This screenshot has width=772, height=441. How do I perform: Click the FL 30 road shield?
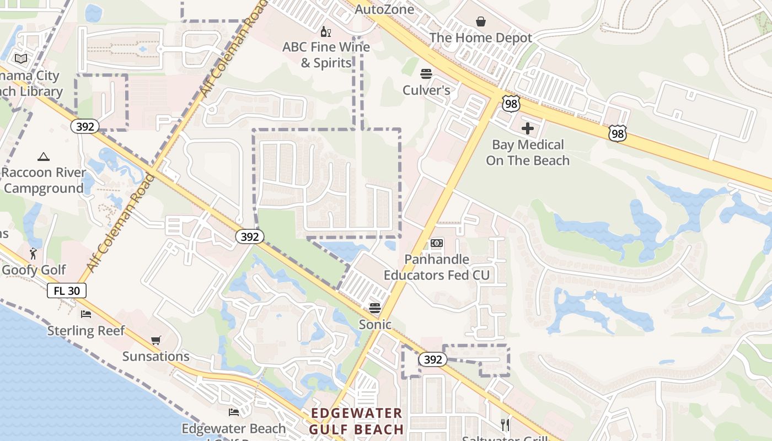[x=67, y=291]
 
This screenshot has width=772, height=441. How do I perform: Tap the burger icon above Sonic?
[x=375, y=308]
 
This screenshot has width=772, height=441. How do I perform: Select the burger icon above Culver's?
[x=426, y=74]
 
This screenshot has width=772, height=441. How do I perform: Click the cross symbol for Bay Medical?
[x=528, y=128]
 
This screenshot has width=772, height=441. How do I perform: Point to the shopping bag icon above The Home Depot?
[x=481, y=21]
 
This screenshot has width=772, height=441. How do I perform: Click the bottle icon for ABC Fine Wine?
[x=326, y=31]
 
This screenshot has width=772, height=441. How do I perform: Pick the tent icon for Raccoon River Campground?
[x=44, y=157]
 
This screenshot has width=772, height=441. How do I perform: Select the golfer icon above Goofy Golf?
[x=33, y=254]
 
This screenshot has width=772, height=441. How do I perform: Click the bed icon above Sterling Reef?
[x=85, y=314]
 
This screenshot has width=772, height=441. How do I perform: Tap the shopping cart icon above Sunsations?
[x=156, y=340]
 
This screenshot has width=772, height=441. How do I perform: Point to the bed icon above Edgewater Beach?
[x=234, y=412]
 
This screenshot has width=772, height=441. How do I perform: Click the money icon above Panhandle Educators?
[x=437, y=243]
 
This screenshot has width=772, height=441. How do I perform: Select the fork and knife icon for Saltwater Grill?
[x=505, y=424]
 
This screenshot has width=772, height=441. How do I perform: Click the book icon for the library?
[x=21, y=58]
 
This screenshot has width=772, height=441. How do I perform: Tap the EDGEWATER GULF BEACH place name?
[x=356, y=421]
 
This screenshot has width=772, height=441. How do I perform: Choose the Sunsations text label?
[x=156, y=356]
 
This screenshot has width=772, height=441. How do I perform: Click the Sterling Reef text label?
[x=86, y=331]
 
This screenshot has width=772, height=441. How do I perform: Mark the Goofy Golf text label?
[x=34, y=270]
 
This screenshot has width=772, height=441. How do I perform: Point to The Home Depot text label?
[x=481, y=37]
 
